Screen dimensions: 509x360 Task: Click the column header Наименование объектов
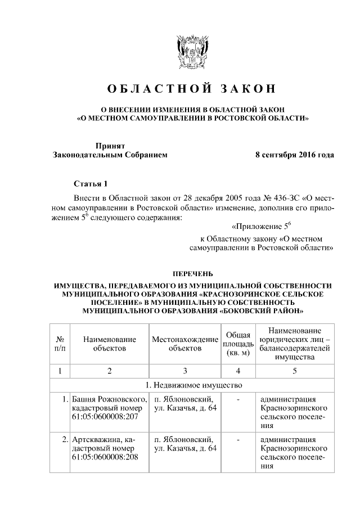pos(110,344)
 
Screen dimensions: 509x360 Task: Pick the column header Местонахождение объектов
pos(184,344)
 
